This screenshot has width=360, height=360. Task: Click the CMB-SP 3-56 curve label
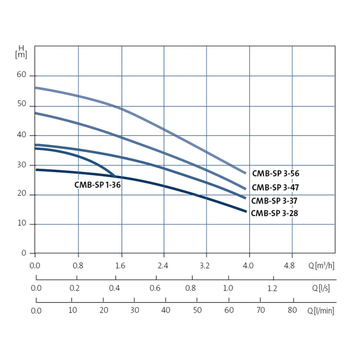pos(275,174)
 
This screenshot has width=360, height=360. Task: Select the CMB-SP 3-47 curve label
pos(275,188)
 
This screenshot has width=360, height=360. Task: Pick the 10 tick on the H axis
pos(23,224)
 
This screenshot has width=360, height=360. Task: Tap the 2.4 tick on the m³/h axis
pos(164,266)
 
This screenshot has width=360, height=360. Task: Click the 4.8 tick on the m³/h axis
pos(290,266)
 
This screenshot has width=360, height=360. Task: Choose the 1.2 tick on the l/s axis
pos(272,288)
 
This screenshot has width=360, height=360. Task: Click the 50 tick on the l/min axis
pos(197,310)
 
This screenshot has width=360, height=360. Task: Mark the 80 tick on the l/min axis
pos(292,310)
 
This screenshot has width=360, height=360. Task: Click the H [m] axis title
pos(21,51)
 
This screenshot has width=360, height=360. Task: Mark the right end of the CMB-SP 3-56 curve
pos(246,173)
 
